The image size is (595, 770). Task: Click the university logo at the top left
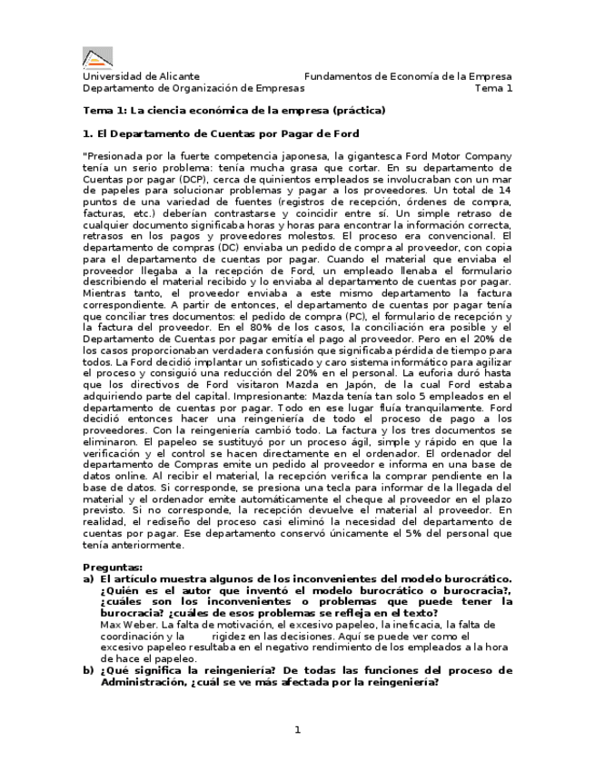98,57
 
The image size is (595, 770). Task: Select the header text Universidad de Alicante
141,77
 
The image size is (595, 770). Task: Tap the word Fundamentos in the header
336,77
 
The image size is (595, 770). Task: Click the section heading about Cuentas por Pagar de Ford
221,133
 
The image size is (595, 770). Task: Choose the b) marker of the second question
88,670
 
